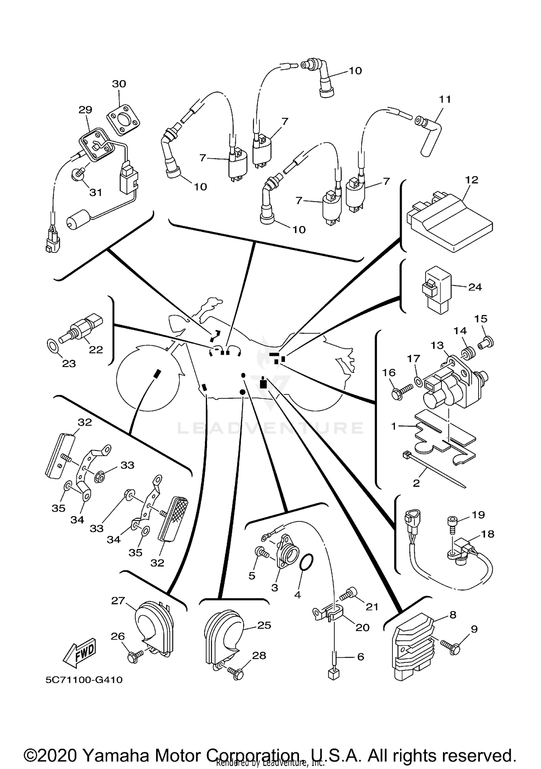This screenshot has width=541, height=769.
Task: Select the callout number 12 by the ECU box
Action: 472,180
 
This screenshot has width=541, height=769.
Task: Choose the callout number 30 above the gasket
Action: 119,84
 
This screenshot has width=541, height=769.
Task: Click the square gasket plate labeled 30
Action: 123,120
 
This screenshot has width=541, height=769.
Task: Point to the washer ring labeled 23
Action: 53,346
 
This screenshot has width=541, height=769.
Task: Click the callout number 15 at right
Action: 481,319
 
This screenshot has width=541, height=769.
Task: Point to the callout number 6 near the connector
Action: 360,657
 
